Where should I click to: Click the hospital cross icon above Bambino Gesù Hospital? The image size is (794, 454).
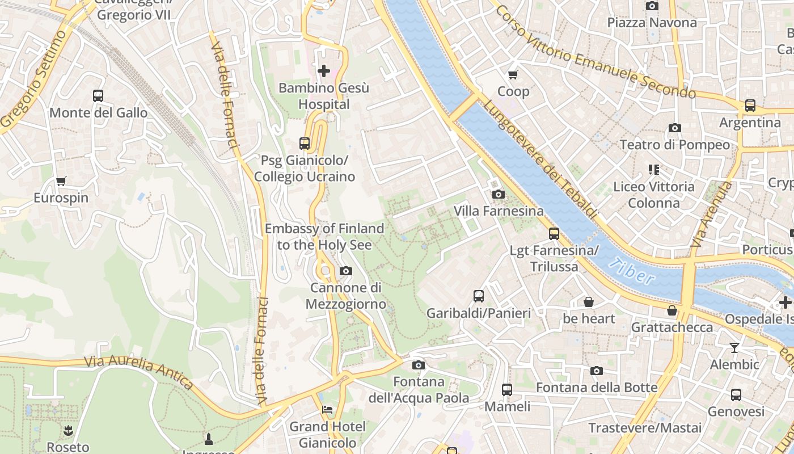click(x=324, y=71)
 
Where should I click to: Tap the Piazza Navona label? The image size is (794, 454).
click(x=652, y=23)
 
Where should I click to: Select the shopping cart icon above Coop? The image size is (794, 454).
click(x=513, y=74)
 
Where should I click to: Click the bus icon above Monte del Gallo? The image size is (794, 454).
click(x=98, y=95)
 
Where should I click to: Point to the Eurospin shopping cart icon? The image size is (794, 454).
click(x=61, y=181)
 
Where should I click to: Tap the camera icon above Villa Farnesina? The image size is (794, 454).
click(x=499, y=194)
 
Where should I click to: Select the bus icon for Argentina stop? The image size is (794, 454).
click(x=750, y=105)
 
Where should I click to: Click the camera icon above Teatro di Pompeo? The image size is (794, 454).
click(x=675, y=128)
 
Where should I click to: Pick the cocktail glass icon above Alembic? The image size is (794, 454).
click(x=734, y=347)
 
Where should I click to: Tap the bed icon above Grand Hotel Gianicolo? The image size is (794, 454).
click(x=328, y=409)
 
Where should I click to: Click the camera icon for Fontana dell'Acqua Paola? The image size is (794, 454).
click(x=419, y=365)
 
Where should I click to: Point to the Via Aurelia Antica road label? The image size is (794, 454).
click(x=140, y=371)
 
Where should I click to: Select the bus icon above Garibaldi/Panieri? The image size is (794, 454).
click(x=479, y=296)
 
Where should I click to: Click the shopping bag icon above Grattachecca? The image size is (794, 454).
click(x=672, y=310)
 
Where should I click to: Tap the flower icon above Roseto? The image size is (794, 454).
click(x=68, y=430)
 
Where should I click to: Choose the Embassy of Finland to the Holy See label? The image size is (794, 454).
click(x=324, y=237)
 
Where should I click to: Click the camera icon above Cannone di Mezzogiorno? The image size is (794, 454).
click(x=346, y=271)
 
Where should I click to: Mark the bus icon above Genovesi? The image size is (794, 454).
click(x=736, y=394)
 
